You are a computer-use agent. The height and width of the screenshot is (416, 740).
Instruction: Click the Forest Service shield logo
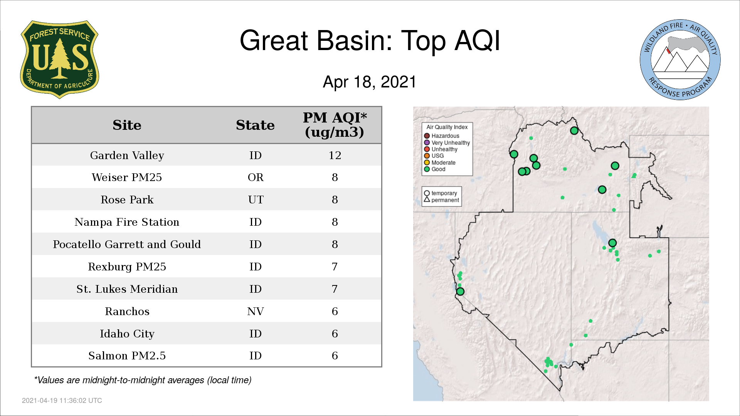pyautogui.click(x=59, y=59)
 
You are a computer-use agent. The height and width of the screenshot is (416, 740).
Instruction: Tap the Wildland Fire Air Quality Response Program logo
pyautogui.click(x=680, y=60)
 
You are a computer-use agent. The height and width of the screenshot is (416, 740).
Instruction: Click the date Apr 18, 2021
pyautogui.click(x=370, y=82)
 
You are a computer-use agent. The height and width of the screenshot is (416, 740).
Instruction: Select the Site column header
pyautogui.click(x=127, y=125)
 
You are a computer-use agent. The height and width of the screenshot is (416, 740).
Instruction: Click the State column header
pyautogui.click(x=255, y=125)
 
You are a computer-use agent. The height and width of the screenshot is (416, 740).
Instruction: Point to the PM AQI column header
pyautogui.click(x=335, y=125)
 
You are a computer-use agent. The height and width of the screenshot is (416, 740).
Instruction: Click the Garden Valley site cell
pyautogui.click(x=127, y=155)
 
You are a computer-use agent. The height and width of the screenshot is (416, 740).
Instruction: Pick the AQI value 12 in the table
pyautogui.click(x=335, y=155)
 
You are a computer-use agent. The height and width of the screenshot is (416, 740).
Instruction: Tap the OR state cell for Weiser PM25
pyautogui.click(x=256, y=177)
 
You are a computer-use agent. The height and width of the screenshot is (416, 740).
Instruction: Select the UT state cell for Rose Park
pyautogui.click(x=256, y=200)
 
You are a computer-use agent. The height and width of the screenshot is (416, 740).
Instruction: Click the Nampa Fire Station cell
pyautogui.click(x=127, y=222)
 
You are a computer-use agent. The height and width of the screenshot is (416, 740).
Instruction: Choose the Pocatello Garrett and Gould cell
pyautogui.click(x=127, y=244)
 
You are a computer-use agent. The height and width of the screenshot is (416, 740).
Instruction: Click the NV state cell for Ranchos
pyautogui.click(x=256, y=311)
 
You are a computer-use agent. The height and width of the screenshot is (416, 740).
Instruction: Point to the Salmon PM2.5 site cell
pyautogui.click(x=127, y=356)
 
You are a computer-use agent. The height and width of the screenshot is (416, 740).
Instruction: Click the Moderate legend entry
pyautogui.click(x=440, y=163)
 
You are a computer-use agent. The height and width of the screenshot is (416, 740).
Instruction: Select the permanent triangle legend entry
pyautogui.click(x=442, y=200)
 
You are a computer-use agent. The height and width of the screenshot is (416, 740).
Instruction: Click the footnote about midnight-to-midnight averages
pyautogui.click(x=143, y=380)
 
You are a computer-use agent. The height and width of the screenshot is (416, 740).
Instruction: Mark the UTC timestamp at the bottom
pyautogui.click(x=62, y=401)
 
